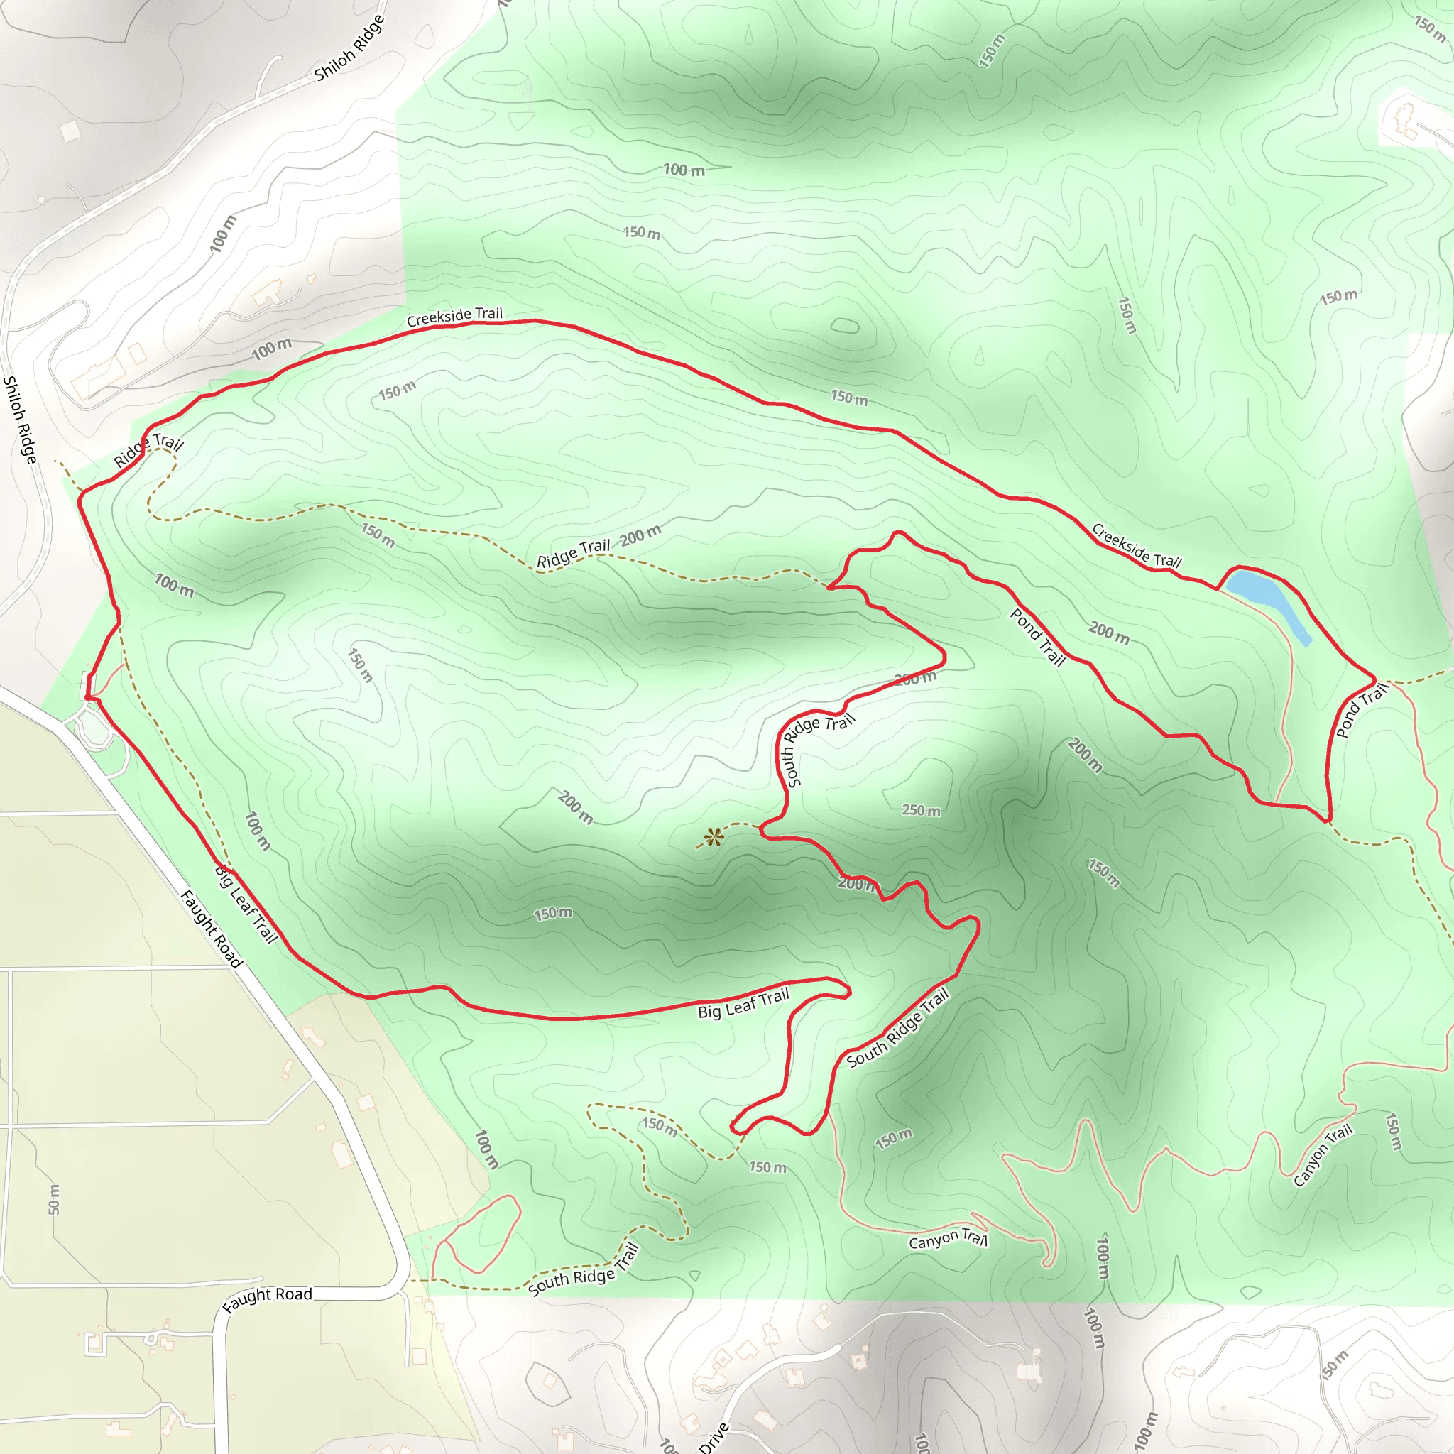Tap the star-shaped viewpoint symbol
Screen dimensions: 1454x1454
point(713,837)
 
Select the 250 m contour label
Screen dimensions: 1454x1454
point(921,811)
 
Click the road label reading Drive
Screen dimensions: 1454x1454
point(714,1438)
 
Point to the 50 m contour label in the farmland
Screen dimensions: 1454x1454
point(53,1199)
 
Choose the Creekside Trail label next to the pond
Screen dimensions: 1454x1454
point(1136,546)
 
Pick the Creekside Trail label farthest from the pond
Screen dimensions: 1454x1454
point(454,316)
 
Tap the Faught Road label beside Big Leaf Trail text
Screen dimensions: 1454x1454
point(212,929)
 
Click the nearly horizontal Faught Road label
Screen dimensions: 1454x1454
point(267,1299)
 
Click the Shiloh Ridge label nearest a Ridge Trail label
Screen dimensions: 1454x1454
point(21,419)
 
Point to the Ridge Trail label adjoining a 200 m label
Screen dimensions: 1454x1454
point(573,553)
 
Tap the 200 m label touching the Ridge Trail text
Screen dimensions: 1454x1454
point(640,536)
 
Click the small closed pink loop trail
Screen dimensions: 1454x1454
point(477,1234)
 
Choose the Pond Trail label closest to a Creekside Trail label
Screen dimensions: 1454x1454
point(1037,638)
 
